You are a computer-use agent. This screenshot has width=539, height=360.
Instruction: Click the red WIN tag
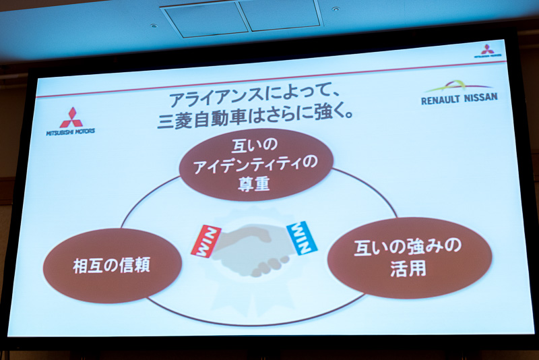206,240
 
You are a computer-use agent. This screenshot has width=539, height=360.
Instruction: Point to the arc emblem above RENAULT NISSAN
458,86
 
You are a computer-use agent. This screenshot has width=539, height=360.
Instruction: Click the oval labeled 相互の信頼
113,265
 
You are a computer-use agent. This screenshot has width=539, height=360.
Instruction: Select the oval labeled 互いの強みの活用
409,257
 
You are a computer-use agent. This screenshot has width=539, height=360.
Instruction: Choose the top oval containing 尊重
256,164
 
